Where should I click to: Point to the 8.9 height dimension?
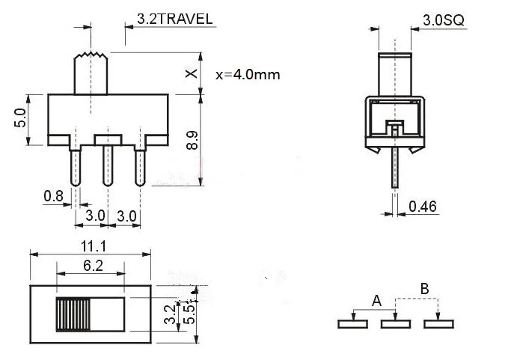pos(192,141)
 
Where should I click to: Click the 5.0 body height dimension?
pos(20,118)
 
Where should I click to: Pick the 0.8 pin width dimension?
pos(53,196)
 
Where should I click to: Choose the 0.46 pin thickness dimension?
pos(422,206)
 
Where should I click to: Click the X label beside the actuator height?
pos(192,73)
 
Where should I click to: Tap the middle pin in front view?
pos(107,165)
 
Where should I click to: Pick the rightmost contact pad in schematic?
pos(438,324)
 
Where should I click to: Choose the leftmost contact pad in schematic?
pos(352,324)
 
